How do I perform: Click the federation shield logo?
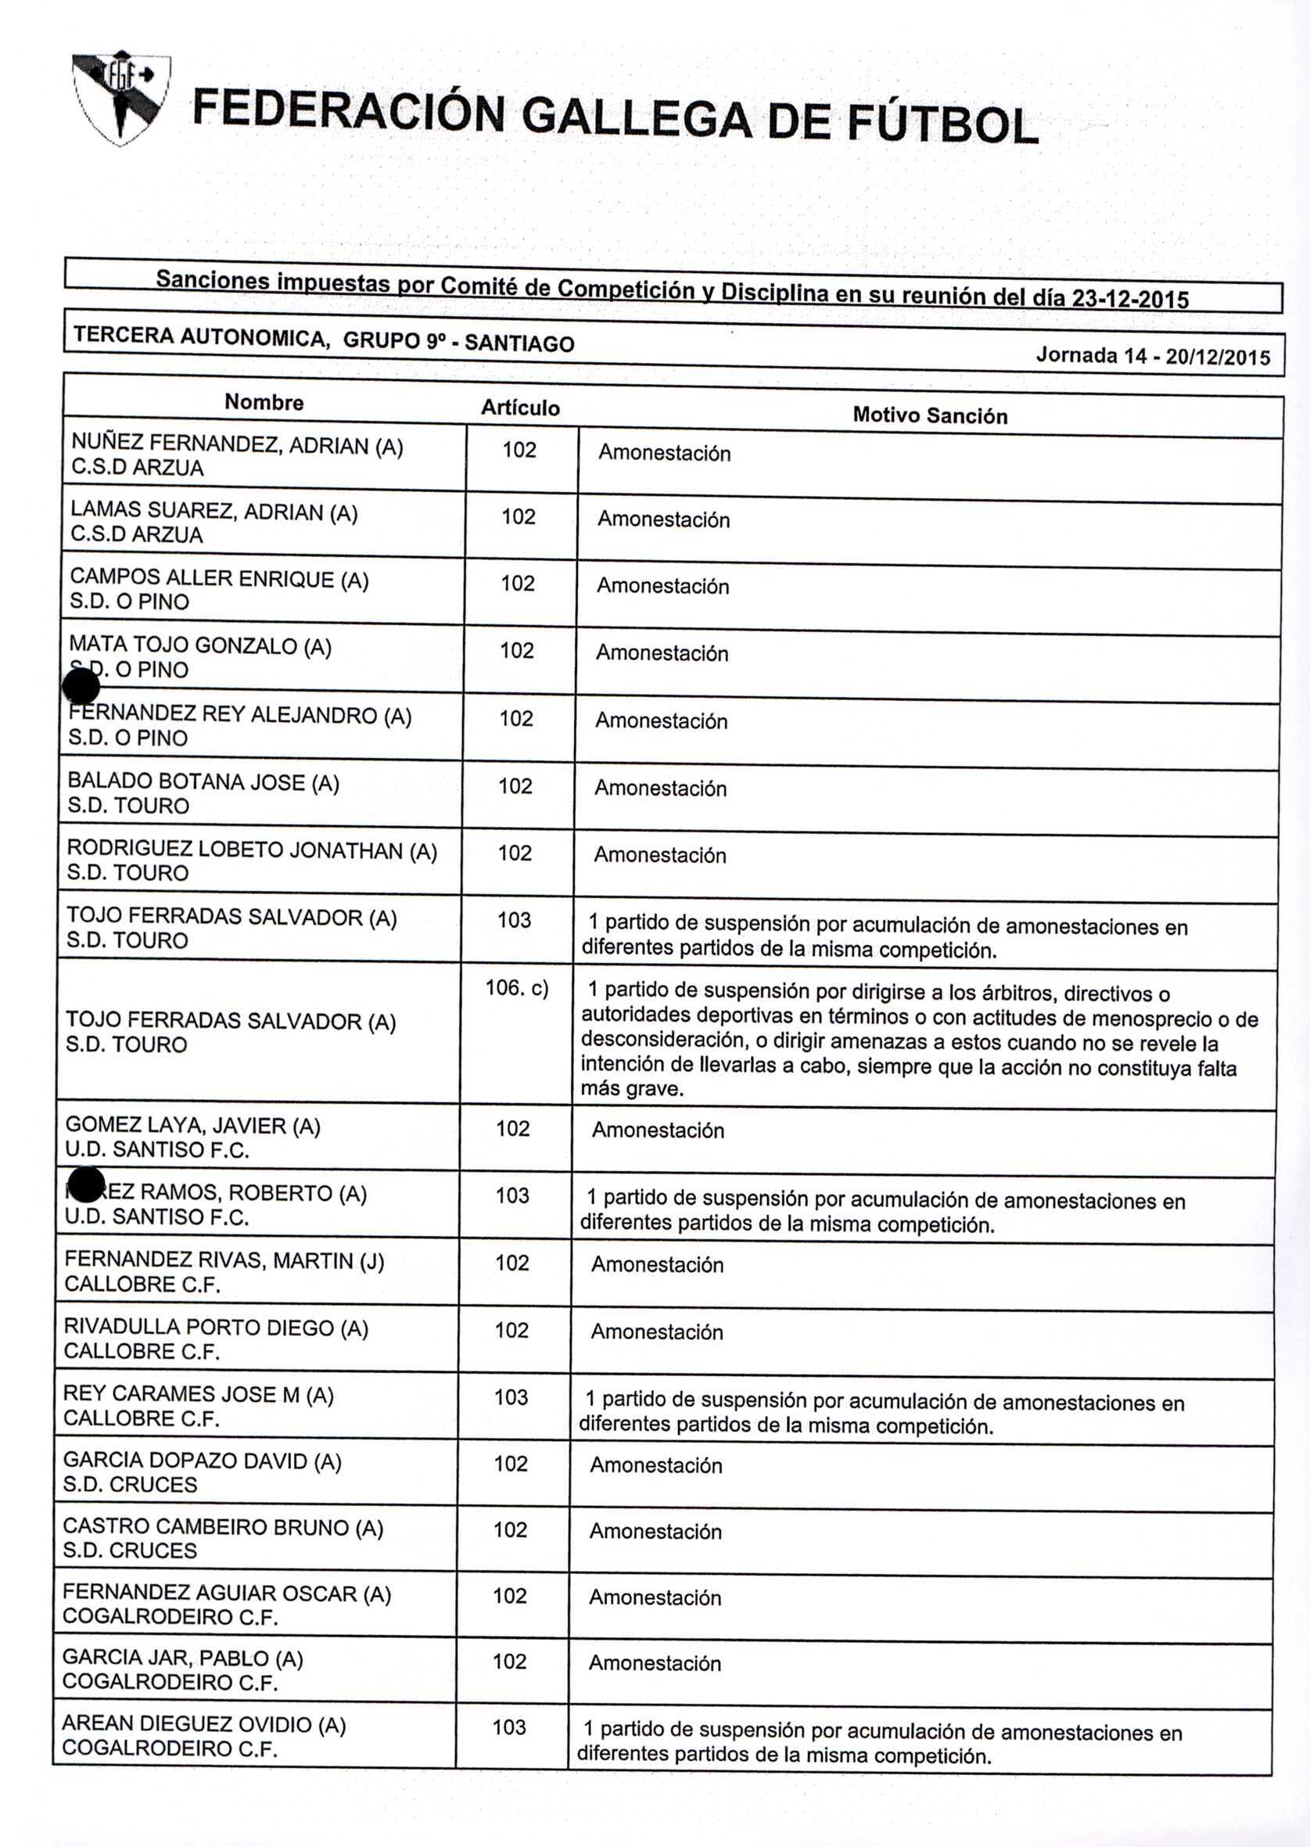120,97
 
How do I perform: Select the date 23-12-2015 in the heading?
1129,299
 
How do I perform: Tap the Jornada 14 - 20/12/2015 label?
1153,356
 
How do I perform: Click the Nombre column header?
264,402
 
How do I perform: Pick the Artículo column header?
520,408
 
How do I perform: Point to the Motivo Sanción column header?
929,415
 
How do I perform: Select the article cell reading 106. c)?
516,989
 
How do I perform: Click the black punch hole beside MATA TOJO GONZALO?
81,688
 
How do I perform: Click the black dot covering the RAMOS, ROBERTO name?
85,1184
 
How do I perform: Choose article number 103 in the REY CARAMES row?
511,1396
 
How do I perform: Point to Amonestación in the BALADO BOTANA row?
660,789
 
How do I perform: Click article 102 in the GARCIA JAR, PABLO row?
510,1662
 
